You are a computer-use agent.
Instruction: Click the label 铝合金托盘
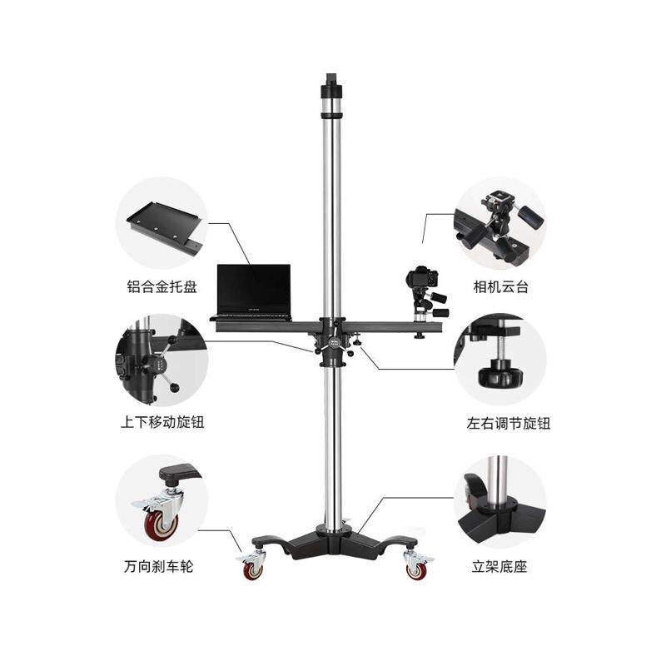click(162, 286)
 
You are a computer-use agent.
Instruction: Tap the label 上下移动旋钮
click(162, 423)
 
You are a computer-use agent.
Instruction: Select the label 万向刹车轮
click(158, 566)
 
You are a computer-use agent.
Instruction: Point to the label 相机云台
click(501, 286)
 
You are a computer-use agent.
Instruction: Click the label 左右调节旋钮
click(509, 424)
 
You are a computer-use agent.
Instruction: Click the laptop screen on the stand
click(254, 289)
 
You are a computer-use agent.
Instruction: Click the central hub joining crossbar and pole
click(332, 341)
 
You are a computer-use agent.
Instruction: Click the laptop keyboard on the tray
click(254, 316)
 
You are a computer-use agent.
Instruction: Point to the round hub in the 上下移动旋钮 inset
click(156, 365)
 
